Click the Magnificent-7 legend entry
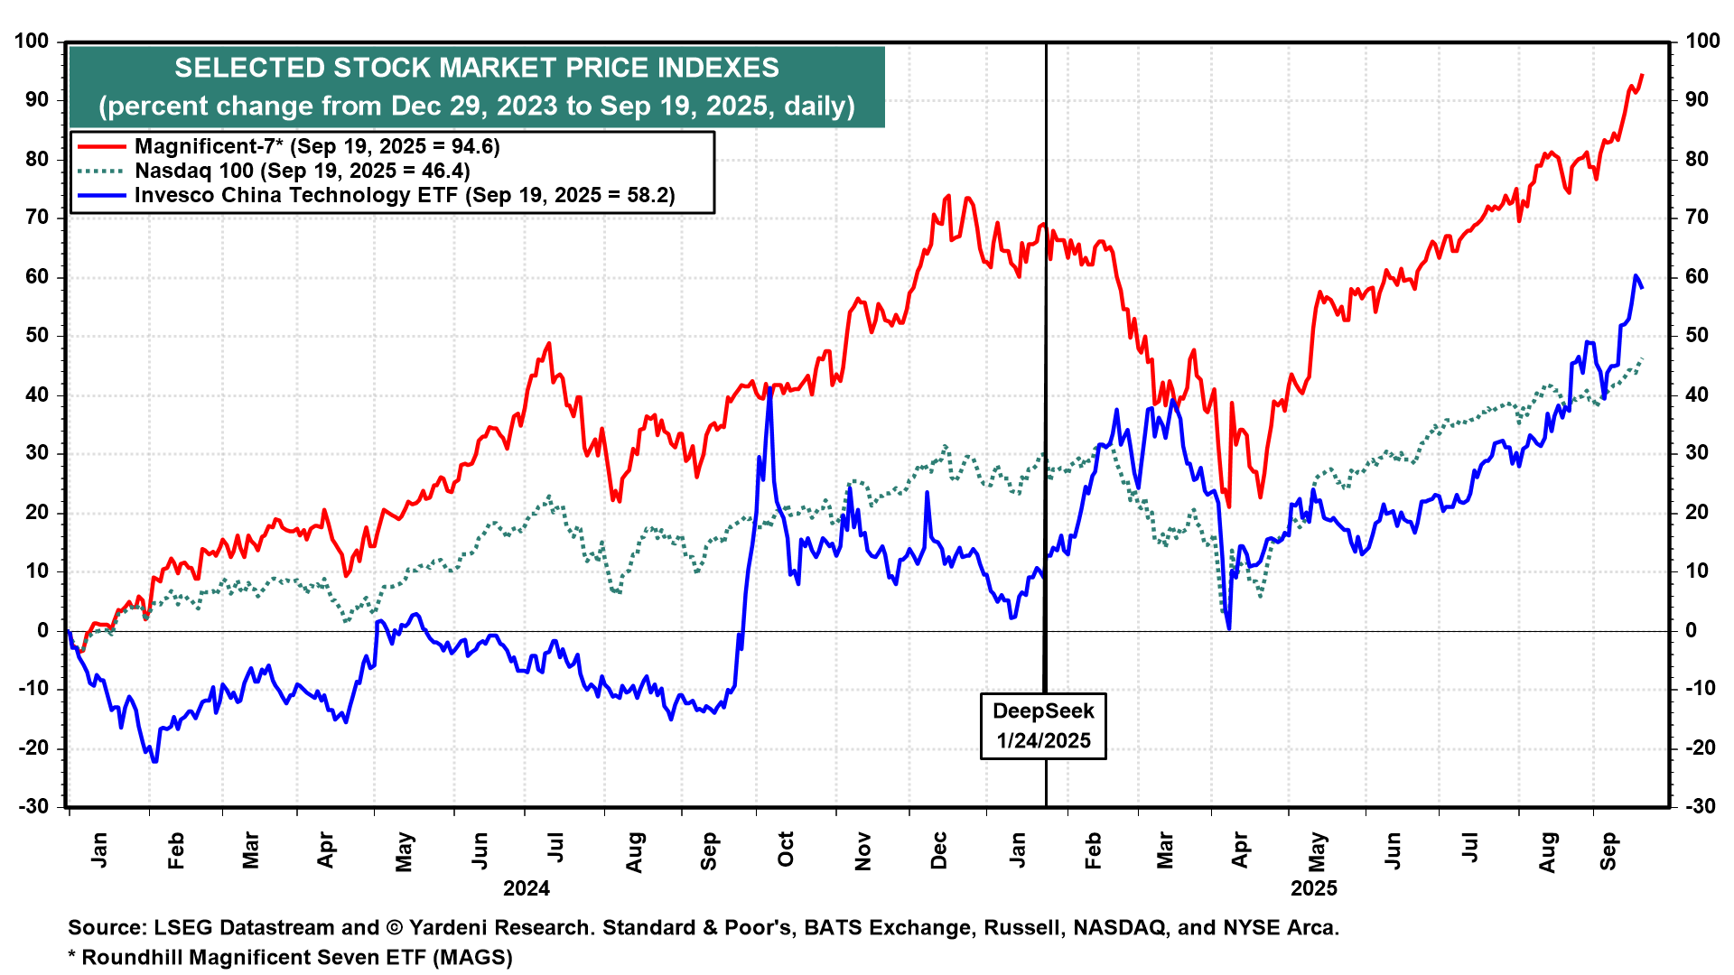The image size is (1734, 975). (316, 146)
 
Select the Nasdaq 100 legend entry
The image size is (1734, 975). (302, 171)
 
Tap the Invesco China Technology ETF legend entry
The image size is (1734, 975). (404, 195)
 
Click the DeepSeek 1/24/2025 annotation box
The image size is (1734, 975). (1043, 726)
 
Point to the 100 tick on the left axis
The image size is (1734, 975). (32, 41)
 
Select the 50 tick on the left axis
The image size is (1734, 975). (36, 336)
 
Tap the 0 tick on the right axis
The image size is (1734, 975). (1692, 630)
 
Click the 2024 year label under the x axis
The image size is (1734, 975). (527, 888)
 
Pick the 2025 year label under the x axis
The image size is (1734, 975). (1314, 888)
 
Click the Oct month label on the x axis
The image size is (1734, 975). (786, 850)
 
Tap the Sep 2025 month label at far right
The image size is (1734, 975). (1608, 851)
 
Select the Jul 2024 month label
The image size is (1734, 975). (556, 849)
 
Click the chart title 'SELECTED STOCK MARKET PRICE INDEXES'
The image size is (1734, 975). (477, 68)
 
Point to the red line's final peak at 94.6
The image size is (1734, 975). (1642, 75)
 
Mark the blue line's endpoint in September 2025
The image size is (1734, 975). (1642, 287)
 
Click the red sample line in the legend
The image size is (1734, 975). (101, 146)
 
